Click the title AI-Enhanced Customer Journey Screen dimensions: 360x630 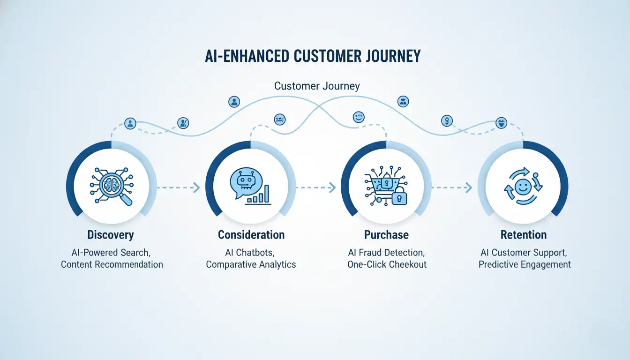[x=313, y=56]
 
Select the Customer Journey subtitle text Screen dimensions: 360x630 [x=317, y=86]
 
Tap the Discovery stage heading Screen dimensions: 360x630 [x=111, y=235]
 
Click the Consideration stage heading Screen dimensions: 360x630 [x=251, y=235]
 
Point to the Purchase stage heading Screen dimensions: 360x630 [x=386, y=235]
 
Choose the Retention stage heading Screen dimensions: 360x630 [x=523, y=235]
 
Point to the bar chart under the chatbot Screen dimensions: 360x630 [x=259, y=195]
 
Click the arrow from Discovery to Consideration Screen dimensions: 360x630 [x=178, y=187]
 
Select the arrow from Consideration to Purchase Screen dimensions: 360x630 [x=315, y=187]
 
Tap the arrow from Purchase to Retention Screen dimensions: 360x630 [x=451, y=187]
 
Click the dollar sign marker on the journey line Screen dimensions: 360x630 [x=447, y=121]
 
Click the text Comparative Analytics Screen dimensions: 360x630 [x=251, y=264]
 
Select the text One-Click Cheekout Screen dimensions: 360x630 [x=387, y=264]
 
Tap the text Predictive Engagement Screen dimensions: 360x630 [x=525, y=264]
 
